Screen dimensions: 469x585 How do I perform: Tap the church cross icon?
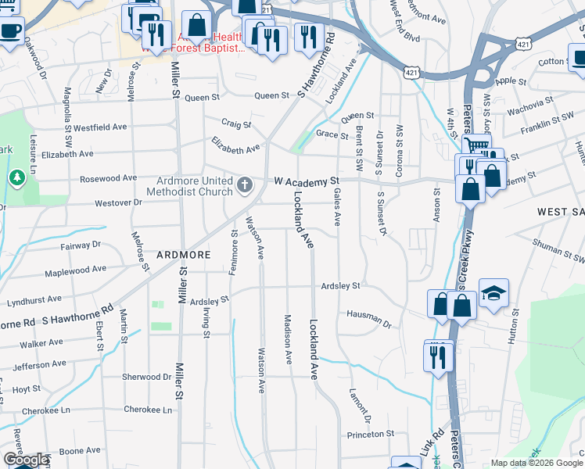coord(245,185)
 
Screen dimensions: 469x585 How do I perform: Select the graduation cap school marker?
coord(493,293)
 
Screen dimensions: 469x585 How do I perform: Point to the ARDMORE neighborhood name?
coord(183,255)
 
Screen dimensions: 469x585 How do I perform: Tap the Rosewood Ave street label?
coord(109,178)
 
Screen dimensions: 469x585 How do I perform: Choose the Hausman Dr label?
coord(369,317)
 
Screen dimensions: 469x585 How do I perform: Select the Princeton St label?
coord(370,434)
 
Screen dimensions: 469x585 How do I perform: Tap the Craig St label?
coord(235,124)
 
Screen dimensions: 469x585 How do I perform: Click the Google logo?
coord(26,460)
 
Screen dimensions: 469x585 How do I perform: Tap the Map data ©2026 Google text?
coord(536,463)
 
